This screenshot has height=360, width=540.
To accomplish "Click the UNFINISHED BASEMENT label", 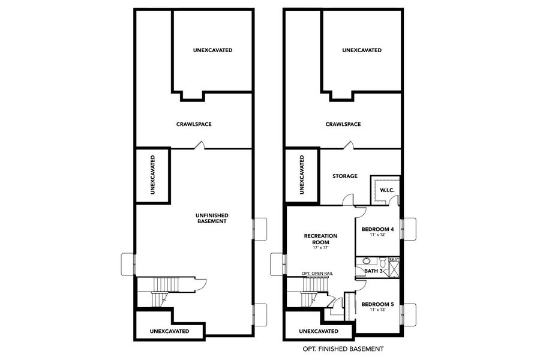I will tap(212, 218).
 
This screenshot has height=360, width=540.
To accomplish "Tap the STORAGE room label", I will tap(345, 176).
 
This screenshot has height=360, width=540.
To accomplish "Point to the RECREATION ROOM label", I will tap(320, 239).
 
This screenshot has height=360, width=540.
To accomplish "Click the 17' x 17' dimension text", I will tap(320, 248).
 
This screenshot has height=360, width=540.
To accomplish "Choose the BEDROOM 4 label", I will tap(377, 229).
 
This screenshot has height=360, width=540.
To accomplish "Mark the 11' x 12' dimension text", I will tap(377, 235).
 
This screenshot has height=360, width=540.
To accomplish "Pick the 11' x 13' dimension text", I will tap(377, 311).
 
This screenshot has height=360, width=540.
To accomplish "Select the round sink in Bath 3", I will tap(365, 261).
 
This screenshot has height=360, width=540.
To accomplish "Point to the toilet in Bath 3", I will tap(382, 261).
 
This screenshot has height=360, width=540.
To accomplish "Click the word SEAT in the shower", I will tap(394, 260).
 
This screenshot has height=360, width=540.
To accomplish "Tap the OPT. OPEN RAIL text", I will tap(317, 274).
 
